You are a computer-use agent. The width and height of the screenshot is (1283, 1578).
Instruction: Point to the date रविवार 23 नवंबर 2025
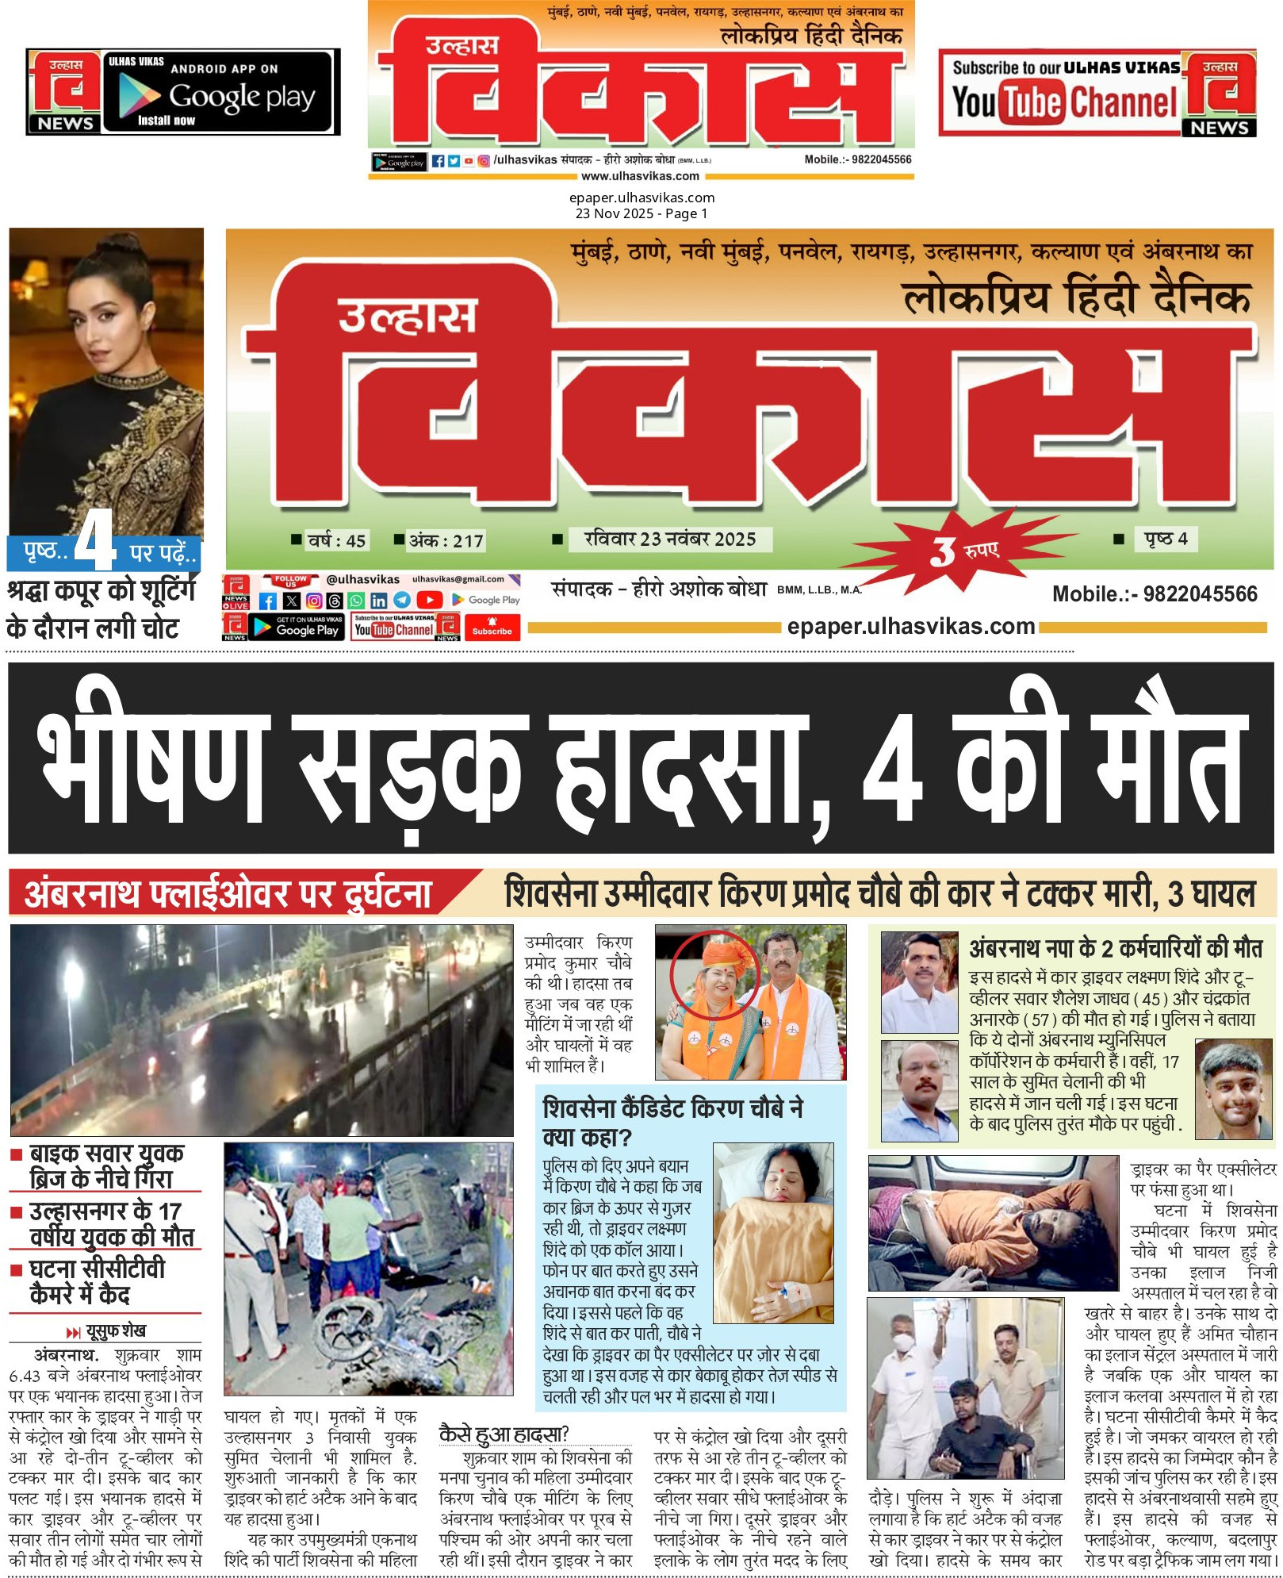[669, 539]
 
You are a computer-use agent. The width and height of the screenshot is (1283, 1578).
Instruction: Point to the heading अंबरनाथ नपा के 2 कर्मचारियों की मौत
[1116, 948]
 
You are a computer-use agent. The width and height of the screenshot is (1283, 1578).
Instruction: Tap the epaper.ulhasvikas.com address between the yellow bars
[910, 627]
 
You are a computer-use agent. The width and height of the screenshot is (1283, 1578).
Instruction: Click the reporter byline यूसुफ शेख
[115, 1330]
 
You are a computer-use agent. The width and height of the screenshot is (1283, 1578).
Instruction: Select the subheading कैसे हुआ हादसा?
[504, 1434]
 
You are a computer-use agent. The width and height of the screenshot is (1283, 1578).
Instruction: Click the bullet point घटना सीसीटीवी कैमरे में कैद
[97, 1281]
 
